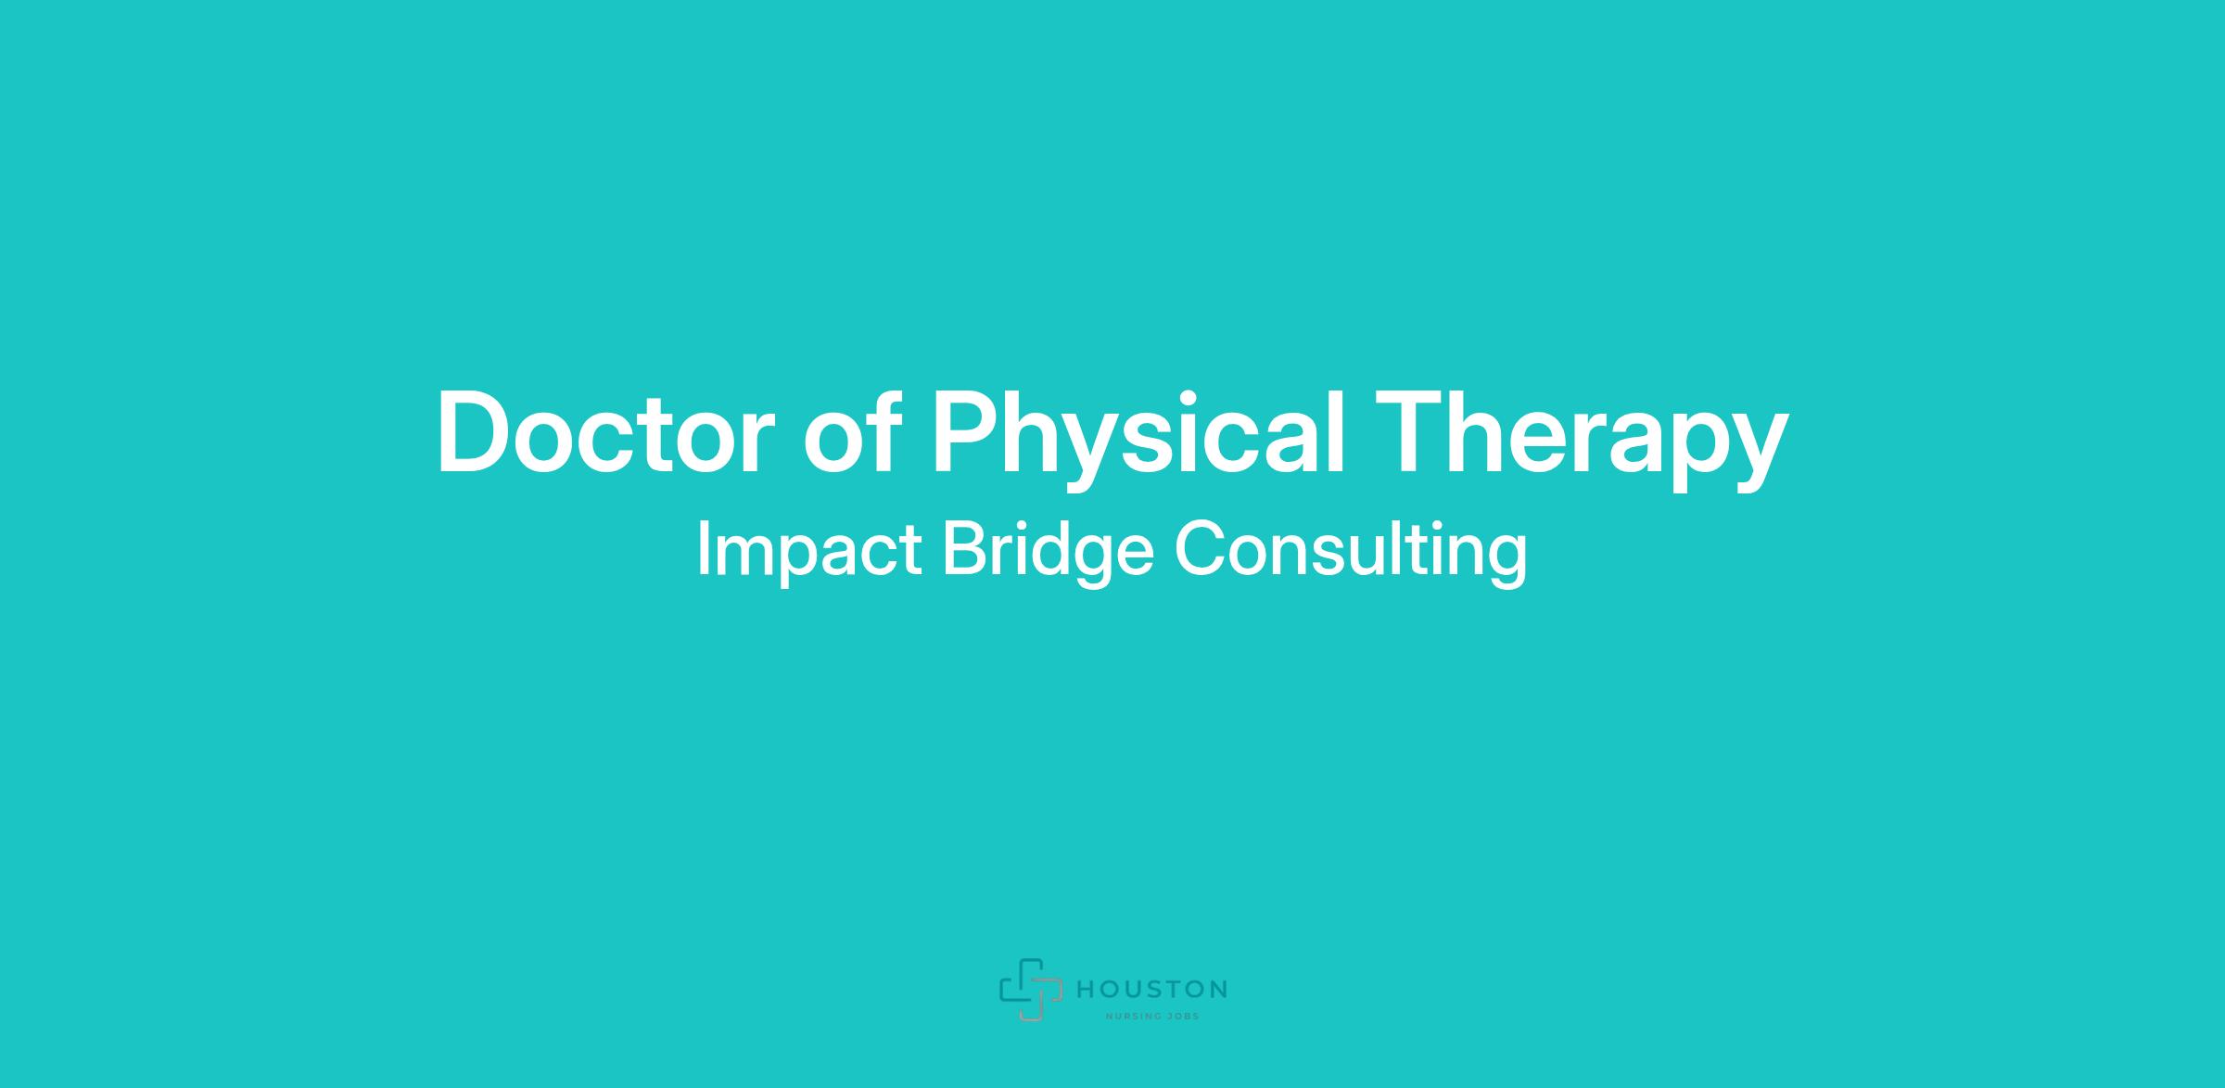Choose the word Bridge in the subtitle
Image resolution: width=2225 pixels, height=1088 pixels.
1048,552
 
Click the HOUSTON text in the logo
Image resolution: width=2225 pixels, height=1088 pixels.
1151,990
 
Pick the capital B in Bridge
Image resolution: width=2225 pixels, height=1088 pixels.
966,549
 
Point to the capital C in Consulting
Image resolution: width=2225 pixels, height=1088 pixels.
1200,549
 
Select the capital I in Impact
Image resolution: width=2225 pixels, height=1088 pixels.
702,549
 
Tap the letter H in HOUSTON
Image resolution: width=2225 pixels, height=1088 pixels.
1086,990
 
